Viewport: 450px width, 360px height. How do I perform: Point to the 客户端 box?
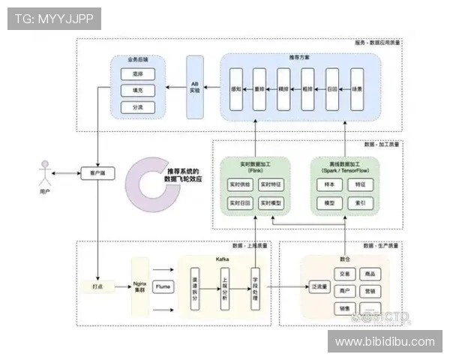[x=97, y=172]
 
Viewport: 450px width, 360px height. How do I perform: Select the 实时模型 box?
[x=271, y=203]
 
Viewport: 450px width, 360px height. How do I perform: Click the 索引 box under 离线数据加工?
[x=360, y=203]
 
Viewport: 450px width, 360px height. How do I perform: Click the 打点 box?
[x=97, y=286]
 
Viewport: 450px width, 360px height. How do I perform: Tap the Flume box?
[x=163, y=286]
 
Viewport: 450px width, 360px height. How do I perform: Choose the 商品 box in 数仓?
[x=369, y=274]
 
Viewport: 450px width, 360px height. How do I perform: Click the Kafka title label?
[x=223, y=259]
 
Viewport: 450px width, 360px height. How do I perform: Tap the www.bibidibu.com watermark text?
[x=384, y=342]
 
